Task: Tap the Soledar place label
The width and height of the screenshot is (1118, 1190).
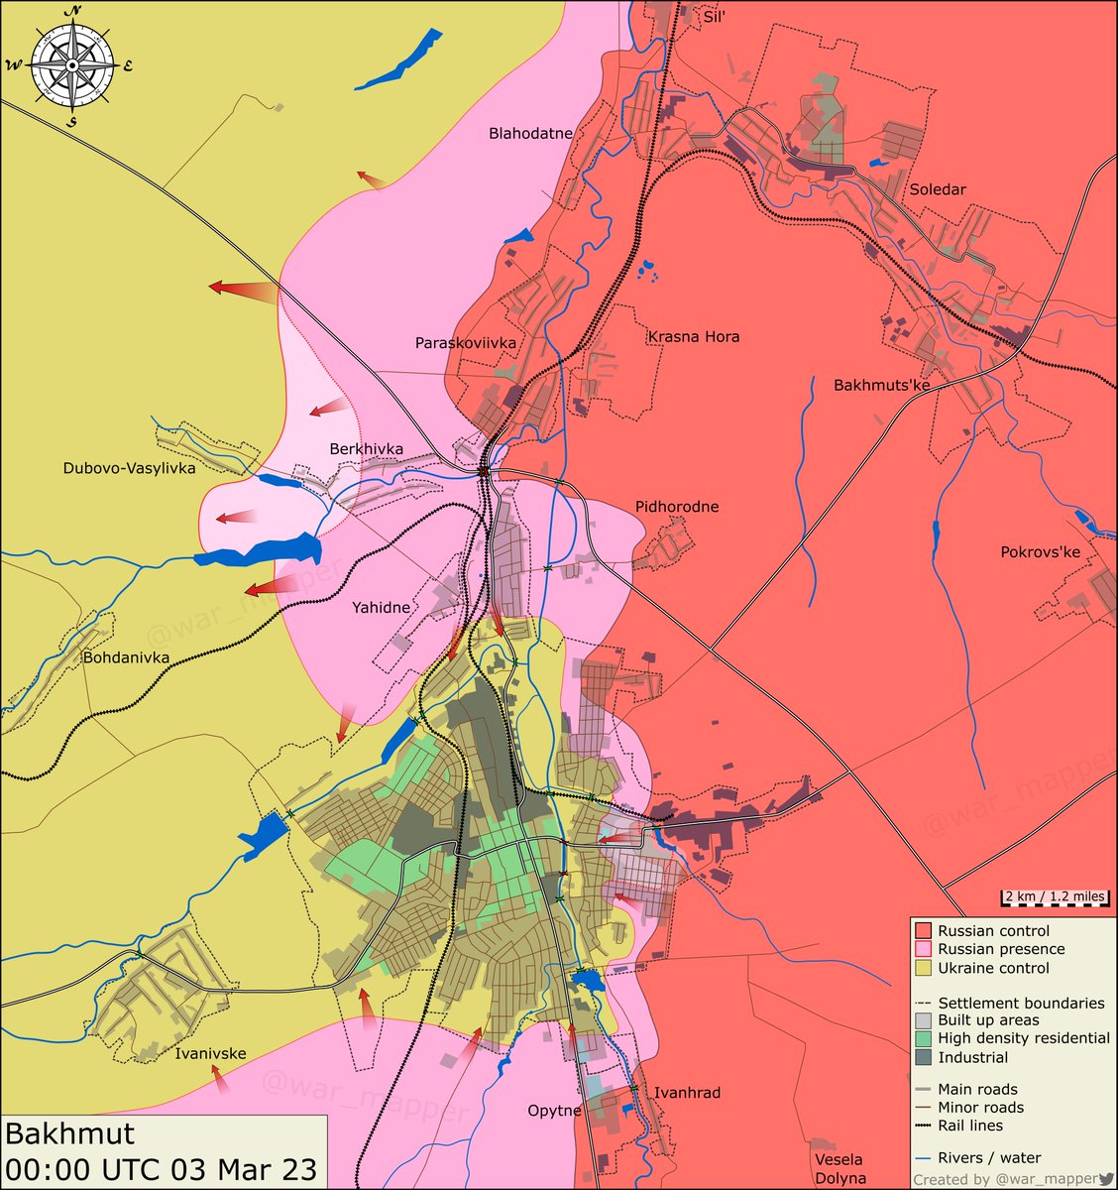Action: (x=937, y=189)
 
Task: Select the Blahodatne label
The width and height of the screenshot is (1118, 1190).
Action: (x=530, y=134)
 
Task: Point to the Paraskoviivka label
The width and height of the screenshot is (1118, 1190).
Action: (x=466, y=343)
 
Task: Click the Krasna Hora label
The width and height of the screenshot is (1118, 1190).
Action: (x=694, y=337)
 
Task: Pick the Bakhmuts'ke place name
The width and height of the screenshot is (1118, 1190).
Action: (x=881, y=385)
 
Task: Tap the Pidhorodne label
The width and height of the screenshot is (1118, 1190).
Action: (x=677, y=507)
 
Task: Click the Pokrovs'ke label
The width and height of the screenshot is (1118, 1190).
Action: (x=1041, y=552)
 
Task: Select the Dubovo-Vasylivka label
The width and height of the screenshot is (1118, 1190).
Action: (x=129, y=468)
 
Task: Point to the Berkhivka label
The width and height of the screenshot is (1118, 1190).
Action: (x=366, y=449)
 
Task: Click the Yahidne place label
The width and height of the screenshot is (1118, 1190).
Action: (x=381, y=608)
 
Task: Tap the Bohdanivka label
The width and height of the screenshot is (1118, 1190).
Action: (x=126, y=657)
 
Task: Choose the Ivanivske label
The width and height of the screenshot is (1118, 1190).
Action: (x=210, y=1053)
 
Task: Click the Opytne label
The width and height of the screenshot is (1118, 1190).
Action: (x=554, y=1111)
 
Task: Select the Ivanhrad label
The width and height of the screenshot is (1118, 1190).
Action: (x=687, y=1093)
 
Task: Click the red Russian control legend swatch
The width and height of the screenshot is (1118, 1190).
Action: (x=923, y=931)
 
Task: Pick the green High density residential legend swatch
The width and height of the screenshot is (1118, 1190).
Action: (x=923, y=1038)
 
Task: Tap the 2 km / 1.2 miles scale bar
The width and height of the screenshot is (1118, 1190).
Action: (x=1053, y=897)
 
